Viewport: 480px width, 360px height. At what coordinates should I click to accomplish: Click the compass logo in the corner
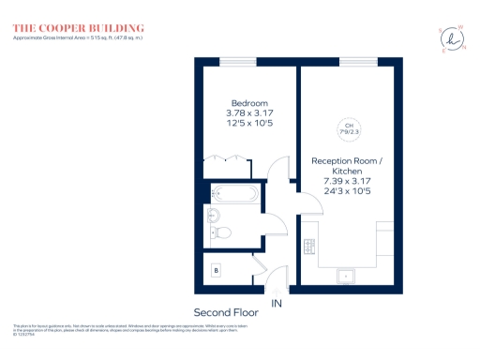click(452, 39)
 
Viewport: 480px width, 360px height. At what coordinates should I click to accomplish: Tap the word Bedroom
click(250, 103)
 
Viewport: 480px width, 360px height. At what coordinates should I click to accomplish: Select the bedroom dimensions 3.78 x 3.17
click(250, 113)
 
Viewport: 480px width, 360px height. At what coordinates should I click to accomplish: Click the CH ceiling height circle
click(348, 128)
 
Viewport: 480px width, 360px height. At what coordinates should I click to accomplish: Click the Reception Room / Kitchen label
click(348, 166)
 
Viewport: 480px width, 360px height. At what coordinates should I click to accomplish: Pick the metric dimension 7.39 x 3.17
click(348, 182)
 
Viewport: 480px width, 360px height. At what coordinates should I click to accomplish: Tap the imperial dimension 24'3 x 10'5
click(348, 192)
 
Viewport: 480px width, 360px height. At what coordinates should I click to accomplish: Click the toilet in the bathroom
click(222, 233)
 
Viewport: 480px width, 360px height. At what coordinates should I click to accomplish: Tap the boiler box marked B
click(217, 270)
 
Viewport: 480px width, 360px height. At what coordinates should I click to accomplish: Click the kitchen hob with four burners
click(309, 247)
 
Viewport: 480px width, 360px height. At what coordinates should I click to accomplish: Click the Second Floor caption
click(224, 311)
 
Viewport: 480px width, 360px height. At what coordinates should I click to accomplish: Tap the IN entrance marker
click(276, 304)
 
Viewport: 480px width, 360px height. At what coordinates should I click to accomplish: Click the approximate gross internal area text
click(74, 38)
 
